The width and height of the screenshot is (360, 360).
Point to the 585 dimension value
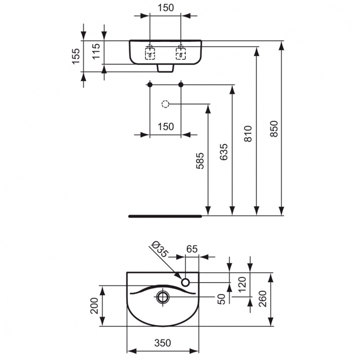pyautogui.click(x=200, y=161)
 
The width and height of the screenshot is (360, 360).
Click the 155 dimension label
pyautogui.click(x=76, y=56)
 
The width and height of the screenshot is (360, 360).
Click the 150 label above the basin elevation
pyautogui.click(x=165, y=7)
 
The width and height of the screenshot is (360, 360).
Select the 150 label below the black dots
pyautogui.click(x=165, y=126)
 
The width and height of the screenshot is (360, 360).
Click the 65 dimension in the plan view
pyautogui.click(x=192, y=249)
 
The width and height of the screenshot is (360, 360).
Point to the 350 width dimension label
pyautogui.click(x=163, y=342)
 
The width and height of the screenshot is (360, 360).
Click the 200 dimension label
pyautogui.click(x=95, y=305)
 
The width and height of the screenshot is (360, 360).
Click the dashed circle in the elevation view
pyautogui.click(x=165, y=104)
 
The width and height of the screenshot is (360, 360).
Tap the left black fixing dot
pyautogui.click(x=150, y=85)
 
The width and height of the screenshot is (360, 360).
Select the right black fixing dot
pyautogui.click(x=181, y=85)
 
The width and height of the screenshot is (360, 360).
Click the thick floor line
pyautogui.click(x=166, y=216)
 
